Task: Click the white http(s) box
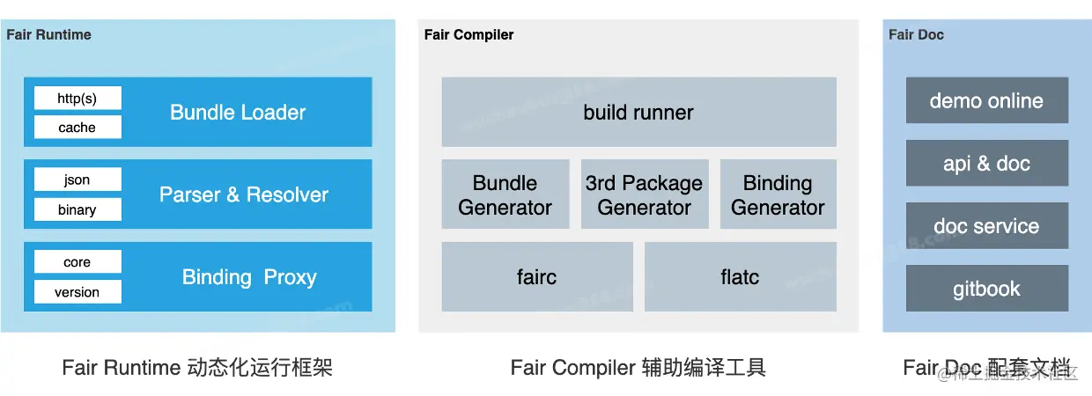pyautogui.click(x=77, y=98)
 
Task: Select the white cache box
pyautogui.click(x=77, y=127)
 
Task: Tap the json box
pyautogui.click(x=77, y=180)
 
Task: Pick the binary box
pyautogui.click(x=77, y=209)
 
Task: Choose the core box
pyautogui.click(x=77, y=261)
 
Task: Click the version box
pyautogui.click(x=77, y=292)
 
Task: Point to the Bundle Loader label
pyautogui.click(x=238, y=113)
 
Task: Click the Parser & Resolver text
pyautogui.click(x=244, y=194)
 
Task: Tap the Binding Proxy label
pyautogui.click(x=249, y=277)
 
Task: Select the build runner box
pyautogui.click(x=638, y=112)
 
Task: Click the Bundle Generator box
pyautogui.click(x=505, y=194)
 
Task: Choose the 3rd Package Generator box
pyautogui.click(x=645, y=194)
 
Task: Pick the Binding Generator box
pyautogui.click(x=778, y=194)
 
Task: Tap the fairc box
pyautogui.click(x=537, y=276)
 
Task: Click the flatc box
pyautogui.click(x=740, y=276)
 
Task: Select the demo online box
pyautogui.click(x=987, y=100)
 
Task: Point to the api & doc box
pyautogui.click(x=987, y=163)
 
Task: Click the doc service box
pyautogui.click(x=987, y=225)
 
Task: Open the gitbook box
pyautogui.click(x=987, y=289)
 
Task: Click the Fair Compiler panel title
pyautogui.click(x=469, y=34)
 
